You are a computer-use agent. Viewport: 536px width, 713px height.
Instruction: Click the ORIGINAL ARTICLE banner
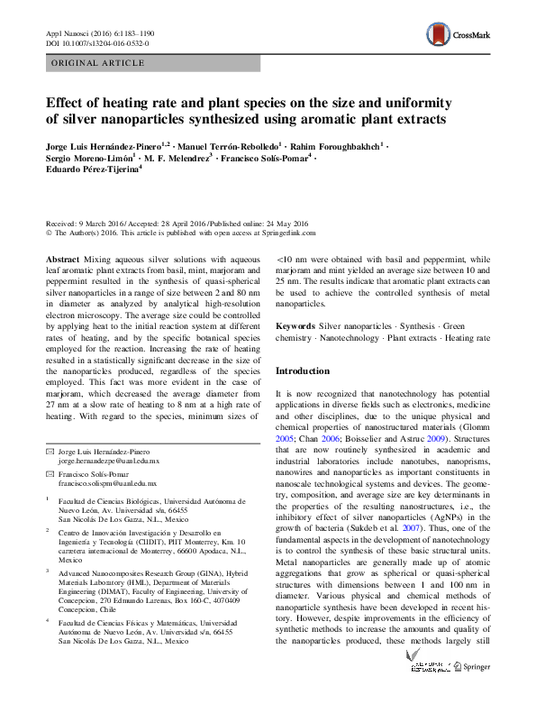99,63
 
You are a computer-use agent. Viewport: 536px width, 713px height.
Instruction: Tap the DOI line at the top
98,42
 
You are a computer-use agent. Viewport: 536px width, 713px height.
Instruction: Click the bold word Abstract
62,258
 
